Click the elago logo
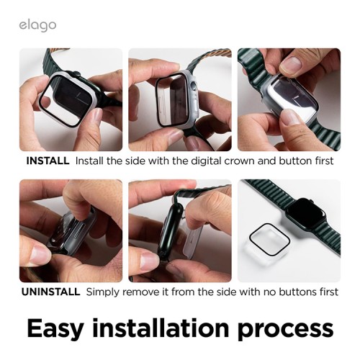tap(38, 26)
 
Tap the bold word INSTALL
tap(48, 161)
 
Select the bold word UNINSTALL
tap(51, 292)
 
